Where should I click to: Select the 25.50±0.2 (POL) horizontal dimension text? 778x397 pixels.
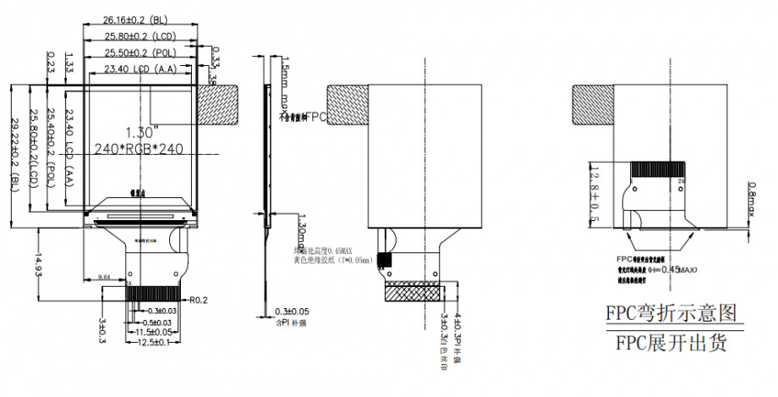coord(140,52)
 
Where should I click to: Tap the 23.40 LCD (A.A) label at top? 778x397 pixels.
coord(140,68)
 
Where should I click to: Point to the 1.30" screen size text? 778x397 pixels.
coord(140,132)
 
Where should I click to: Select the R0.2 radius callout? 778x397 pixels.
coord(200,299)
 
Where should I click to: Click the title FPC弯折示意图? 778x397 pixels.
coord(670,313)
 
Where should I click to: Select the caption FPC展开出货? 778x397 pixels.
coord(670,343)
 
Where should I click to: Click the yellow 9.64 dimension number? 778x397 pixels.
coord(106,277)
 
